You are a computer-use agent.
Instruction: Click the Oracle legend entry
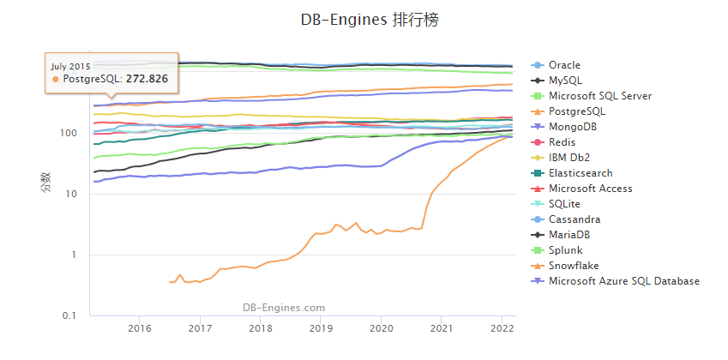(564, 65)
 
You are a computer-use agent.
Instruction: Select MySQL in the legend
(564, 81)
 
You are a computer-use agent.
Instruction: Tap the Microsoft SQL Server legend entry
(599, 96)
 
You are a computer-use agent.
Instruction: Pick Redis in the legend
(563, 142)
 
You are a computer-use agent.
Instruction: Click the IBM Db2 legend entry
(569, 158)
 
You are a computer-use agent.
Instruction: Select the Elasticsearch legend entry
(579, 173)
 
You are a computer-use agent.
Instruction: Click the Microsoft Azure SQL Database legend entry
(623, 281)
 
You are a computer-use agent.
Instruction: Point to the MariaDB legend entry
(569, 235)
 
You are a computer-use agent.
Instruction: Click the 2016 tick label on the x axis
(139, 328)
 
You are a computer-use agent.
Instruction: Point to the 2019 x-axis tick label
(320, 328)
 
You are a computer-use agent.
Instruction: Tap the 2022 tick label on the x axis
(502, 328)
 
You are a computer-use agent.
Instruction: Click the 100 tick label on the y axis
(69, 134)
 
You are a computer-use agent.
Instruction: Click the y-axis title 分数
(45, 183)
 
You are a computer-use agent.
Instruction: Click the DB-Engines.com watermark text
(283, 307)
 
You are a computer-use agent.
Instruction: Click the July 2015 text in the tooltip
(70, 65)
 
